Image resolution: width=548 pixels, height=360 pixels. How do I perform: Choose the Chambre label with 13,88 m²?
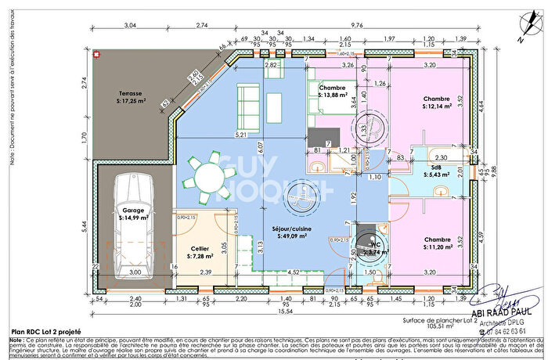333,89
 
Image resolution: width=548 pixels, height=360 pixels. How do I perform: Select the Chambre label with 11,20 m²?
438,239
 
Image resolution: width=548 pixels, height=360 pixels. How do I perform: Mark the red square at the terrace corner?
96,55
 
